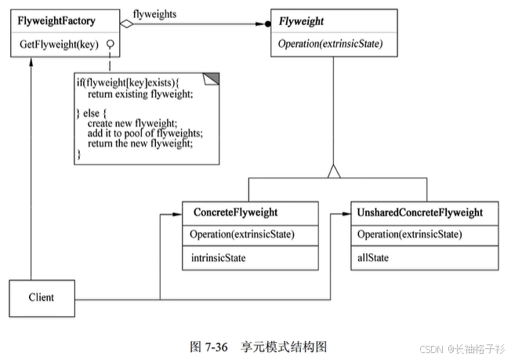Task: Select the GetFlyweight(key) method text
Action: tap(58, 44)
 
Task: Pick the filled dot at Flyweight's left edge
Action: tap(266, 24)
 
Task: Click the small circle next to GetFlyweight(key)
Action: tap(111, 44)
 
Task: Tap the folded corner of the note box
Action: tap(212, 77)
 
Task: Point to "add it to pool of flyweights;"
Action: tap(144, 133)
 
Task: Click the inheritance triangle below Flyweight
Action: tap(333, 169)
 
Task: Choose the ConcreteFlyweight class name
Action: tap(234, 213)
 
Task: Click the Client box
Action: tap(41, 297)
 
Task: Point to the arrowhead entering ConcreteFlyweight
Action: tap(179, 213)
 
